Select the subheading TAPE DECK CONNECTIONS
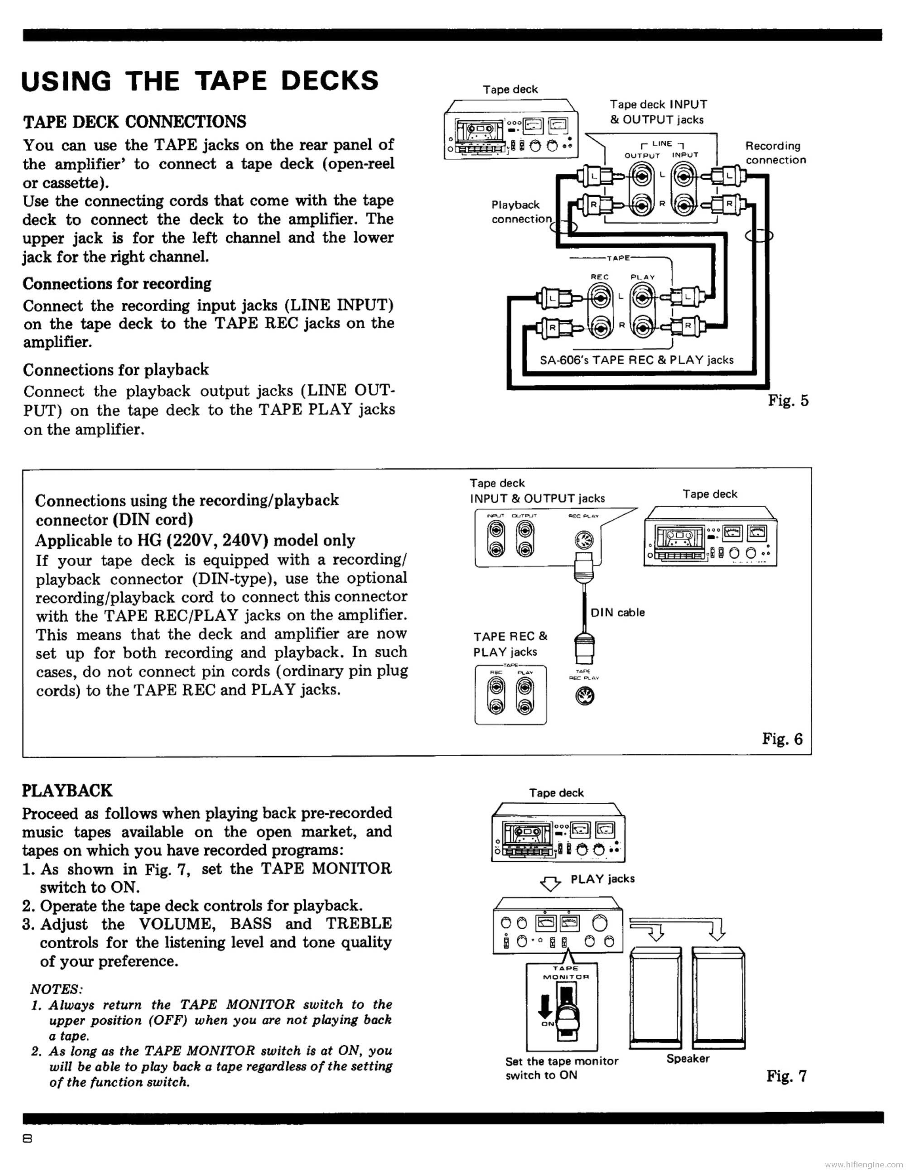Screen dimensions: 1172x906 click(135, 122)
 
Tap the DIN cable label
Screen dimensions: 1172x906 click(617, 612)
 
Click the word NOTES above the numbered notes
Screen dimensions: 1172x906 click(56, 988)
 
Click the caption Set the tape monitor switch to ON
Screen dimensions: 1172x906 click(561, 1069)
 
